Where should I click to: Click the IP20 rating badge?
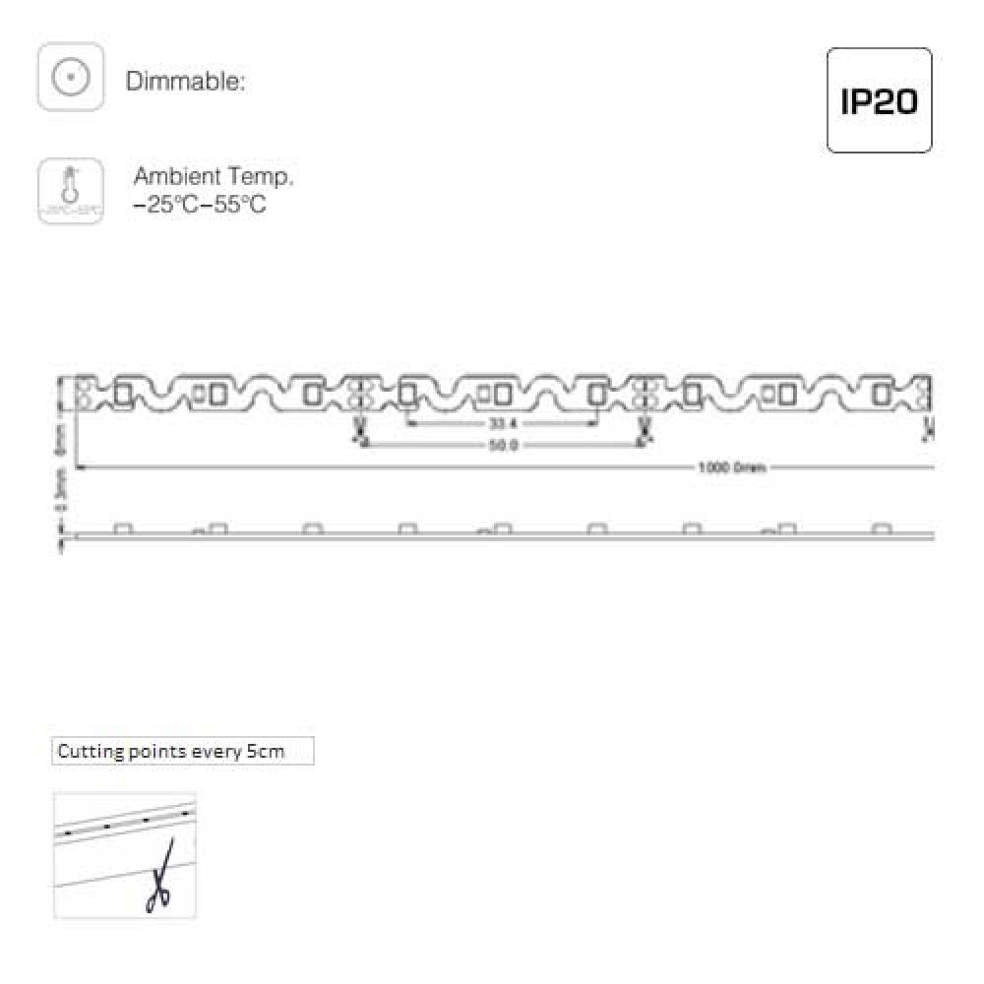point(879,100)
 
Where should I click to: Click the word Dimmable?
point(184,82)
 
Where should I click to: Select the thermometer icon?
point(70,192)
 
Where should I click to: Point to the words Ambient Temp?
point(213,177)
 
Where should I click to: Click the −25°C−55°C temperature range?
point(199,206)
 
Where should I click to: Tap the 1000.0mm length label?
point(732,468)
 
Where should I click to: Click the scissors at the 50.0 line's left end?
point(359,430)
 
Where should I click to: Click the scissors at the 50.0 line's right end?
point(645,430)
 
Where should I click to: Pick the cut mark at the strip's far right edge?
point(928,428)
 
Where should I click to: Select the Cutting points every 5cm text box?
point(183,752)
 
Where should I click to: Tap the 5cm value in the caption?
point(265,752)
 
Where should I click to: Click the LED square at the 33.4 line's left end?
point(407,394)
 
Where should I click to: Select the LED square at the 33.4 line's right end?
point(596,394)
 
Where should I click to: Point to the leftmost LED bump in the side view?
point(123,528)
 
